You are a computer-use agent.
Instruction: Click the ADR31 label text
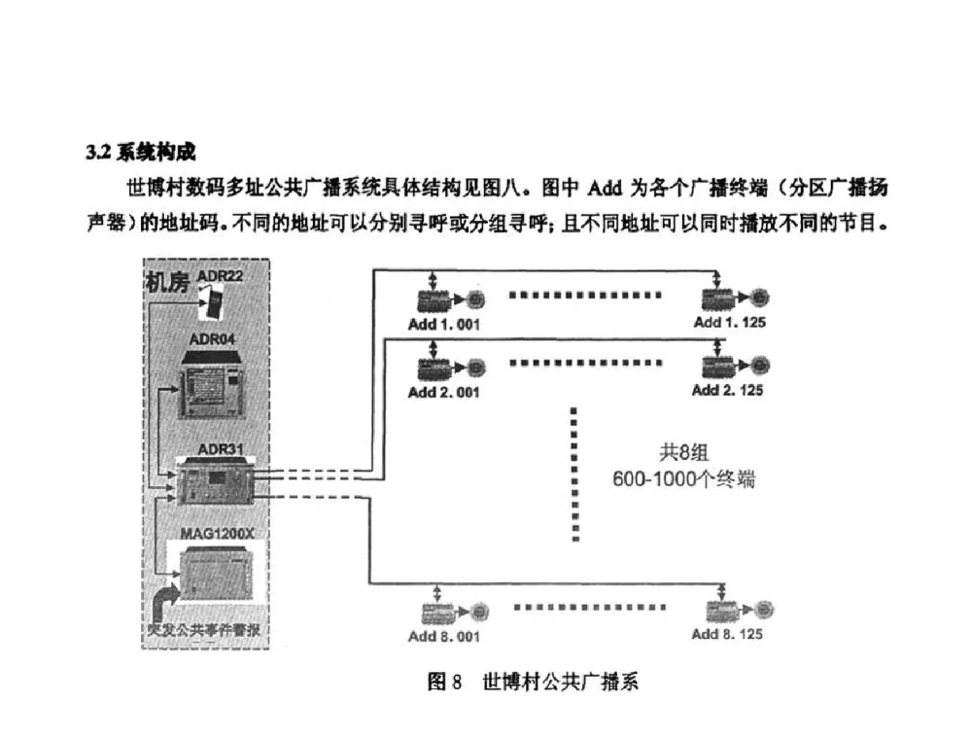pos(220,449)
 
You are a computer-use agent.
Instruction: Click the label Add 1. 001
pos(444,324)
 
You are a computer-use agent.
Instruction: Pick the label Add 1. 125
pos(729,322)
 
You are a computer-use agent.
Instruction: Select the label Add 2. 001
pos(444,392)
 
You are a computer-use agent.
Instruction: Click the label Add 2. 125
pos(727,391)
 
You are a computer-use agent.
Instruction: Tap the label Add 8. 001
pos(444,637)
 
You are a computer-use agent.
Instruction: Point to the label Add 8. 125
pos(727,635)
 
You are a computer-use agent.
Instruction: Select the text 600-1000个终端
pos(684,480)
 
